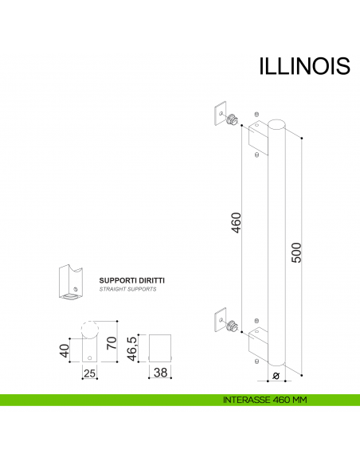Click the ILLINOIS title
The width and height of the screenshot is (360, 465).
[304, 65]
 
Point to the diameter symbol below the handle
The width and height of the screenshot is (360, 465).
[274, 374]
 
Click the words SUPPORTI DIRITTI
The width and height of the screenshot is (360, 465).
[132, 280]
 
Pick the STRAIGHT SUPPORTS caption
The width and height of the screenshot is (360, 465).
[127, 290]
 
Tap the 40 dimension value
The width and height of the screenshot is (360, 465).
[65, 350]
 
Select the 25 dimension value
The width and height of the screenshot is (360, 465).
[89, 373]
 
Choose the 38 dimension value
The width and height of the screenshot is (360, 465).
[159, 373]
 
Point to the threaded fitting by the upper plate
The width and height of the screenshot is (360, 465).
[232, 119]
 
